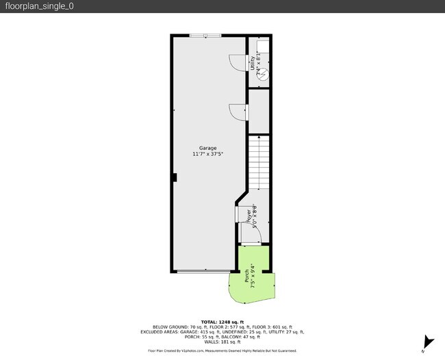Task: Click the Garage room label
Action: click(x=207, y=149)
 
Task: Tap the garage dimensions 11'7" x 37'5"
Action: click(x=207, y=155)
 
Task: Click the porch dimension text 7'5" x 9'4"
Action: click(x=253, y=276)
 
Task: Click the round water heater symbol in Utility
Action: click(x=262, y=76)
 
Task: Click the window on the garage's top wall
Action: click(x=205, y=35)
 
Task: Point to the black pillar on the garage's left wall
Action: click(x=175, y=178)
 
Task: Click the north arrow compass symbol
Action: click(x=428, y=343)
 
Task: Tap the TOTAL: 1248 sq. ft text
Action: click(x=222, y=321)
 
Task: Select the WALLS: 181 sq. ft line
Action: click(x=222, y=342)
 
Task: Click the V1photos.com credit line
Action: click(x=222, y=350)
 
